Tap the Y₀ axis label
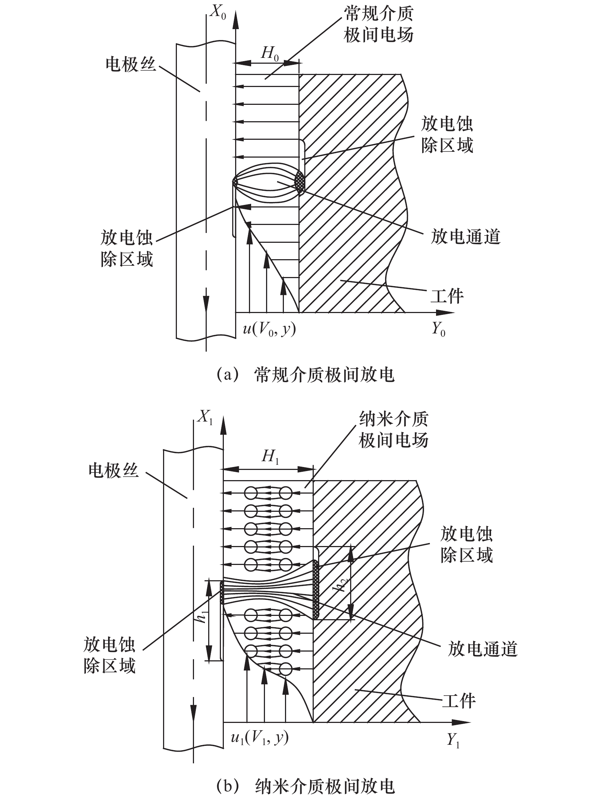point(439,330)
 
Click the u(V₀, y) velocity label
point(269,330)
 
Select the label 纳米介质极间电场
point(393,430)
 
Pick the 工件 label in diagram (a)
point(447,296)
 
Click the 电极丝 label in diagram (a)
point(131,64)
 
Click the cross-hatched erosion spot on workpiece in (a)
point(300,182)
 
